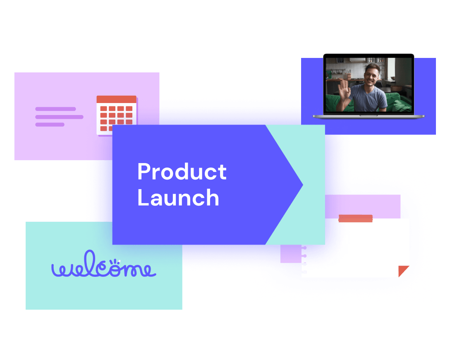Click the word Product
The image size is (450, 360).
tap(182, 171)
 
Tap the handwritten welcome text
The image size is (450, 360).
tap(104, 269)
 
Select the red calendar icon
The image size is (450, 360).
tap(116, 115)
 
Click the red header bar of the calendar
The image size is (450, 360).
tap(116, 99)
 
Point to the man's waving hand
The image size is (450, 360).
tap(343, 89)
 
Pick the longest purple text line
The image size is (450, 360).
tap(59, 117)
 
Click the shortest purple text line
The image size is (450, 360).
tap(50, 124)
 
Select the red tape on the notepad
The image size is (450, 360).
tap(355, 218)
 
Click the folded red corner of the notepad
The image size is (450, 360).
tap(404, 271)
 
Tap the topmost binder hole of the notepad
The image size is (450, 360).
tap(304, 248)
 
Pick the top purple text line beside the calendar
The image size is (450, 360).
tap(55, 109)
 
